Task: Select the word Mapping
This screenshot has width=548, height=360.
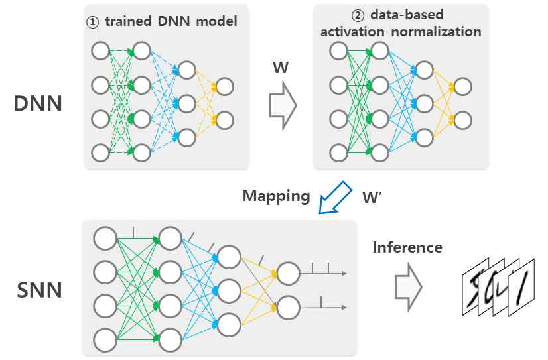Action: (276, 196)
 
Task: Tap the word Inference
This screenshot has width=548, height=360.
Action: (407, 248)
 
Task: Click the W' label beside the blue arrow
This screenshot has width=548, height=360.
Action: (372, 198)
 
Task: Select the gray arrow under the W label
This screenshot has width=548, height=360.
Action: (283, 103)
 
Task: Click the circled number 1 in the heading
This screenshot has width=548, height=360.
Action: (94, 21)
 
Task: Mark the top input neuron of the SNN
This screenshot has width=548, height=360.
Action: (105, 237)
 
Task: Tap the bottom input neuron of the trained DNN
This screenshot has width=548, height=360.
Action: (100, 153)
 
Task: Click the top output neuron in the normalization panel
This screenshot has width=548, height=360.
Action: (462, 86)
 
